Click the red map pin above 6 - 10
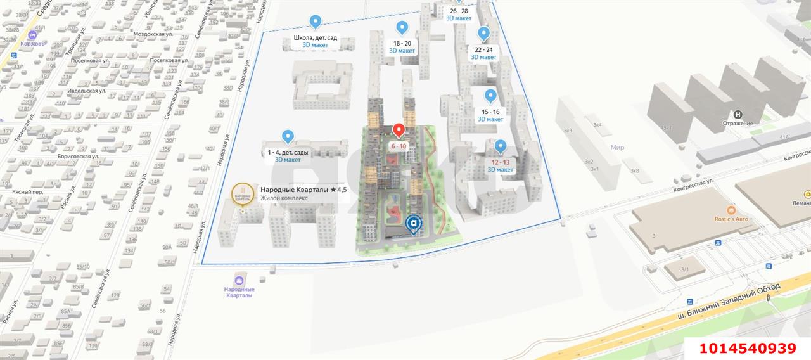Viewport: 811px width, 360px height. click(399, 130)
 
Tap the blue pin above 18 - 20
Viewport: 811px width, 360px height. click(402, 27)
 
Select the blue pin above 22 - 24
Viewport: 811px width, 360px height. click(483, 34)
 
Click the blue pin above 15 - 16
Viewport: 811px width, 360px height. click(490, 96)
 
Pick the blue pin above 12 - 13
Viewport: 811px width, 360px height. click(500, 146)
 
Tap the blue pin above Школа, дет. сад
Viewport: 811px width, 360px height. click(315, 22)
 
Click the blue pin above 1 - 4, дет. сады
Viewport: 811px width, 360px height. click(288, 136)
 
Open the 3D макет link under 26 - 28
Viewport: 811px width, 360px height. click(459, 18)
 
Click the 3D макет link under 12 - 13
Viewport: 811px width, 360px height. click(500, 169)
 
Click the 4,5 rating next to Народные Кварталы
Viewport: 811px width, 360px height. click(339, 190)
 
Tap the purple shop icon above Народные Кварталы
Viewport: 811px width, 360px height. click(239, 281)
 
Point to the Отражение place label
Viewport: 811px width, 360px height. click(738, 123)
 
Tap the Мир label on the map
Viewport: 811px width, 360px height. click(617, 147)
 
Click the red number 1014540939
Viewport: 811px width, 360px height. click(747, 349)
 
